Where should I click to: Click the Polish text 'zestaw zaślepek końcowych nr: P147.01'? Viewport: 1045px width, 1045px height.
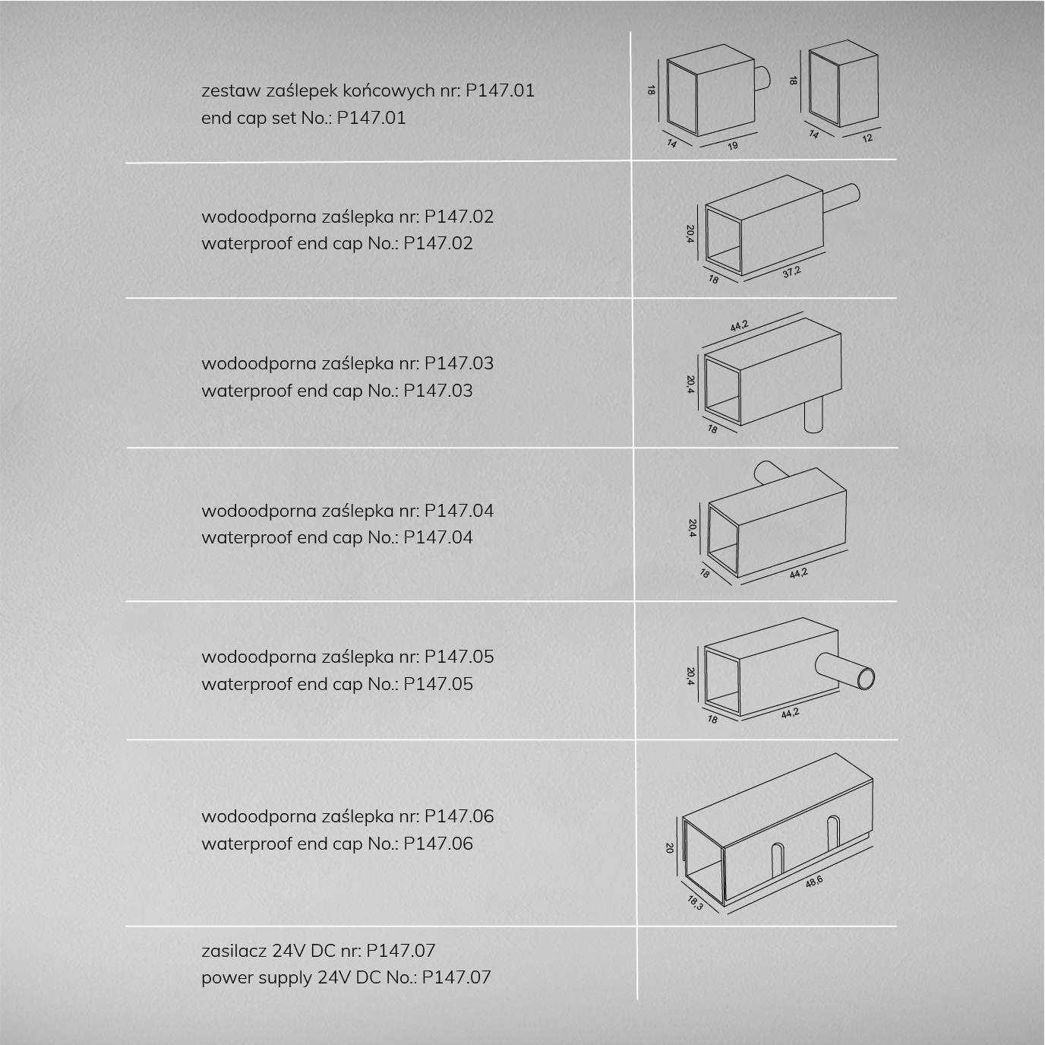(x=368, y=90)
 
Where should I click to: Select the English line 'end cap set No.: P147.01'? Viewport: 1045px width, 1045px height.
(x=304, y=117)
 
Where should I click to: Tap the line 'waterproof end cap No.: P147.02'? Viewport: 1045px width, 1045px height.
(x=336, y=243)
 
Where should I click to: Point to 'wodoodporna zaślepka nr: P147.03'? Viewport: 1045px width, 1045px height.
(x=347, y=363)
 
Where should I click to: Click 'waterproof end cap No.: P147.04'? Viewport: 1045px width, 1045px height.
(x=336, y=537)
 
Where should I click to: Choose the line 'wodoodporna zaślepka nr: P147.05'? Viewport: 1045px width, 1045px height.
(x=348, y=657)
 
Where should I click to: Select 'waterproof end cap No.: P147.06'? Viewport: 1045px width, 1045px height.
(x=336, y=843)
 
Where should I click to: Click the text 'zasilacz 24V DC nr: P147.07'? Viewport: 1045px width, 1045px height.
(x=318, y=951)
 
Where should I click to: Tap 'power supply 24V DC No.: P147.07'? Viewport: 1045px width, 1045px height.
(x=346, y=977)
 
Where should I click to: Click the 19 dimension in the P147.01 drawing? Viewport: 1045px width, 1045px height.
(x=733, y=145)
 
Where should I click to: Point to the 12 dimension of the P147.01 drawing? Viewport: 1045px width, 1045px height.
(x=867, y=138)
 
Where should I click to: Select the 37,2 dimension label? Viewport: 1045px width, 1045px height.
(x=791, y=272)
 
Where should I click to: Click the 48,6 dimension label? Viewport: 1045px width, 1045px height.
(x=814, y=882)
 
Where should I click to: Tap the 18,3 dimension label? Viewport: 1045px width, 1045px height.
(x=695, y=903)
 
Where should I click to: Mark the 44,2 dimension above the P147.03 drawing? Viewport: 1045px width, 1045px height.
(x=739, y=326)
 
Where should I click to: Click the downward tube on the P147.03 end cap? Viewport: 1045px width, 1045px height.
(x=814, y=414)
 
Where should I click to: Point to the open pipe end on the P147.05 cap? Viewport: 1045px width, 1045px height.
(x=866, y=679)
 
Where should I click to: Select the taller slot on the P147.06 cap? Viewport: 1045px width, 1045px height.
(x=834, y=833)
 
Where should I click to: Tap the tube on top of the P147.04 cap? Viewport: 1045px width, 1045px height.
(x=770, y=472)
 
